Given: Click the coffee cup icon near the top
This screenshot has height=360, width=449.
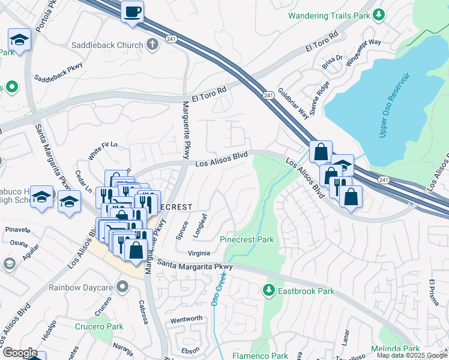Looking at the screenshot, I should [132, 11].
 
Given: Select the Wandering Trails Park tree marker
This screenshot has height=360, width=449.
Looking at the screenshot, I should [379, 15].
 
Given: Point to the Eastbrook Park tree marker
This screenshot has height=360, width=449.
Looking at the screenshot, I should [269, 291].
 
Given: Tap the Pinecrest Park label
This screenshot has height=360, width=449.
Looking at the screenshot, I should [247, 239].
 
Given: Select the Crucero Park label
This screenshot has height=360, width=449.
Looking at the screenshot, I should [99, 327].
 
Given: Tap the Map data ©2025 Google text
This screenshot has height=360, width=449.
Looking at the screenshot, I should [411, 355].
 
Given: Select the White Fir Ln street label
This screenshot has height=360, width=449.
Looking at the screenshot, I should [103, 151].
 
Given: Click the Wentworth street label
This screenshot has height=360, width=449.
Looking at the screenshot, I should [187, 319].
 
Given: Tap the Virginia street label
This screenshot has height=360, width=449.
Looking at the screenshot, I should [199, 253].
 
